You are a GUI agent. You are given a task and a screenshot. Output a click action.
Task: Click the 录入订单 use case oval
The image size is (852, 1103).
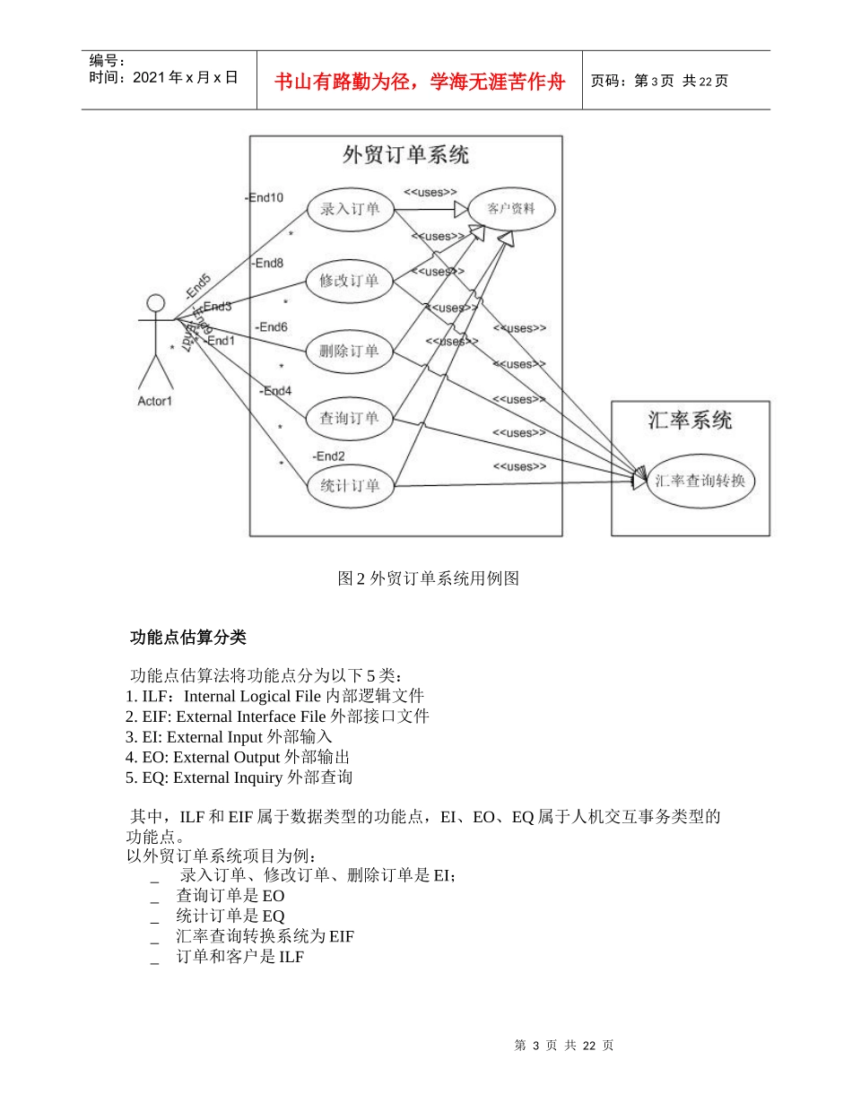(350, 210)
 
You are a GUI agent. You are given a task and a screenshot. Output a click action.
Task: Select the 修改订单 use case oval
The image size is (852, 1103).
(349, 281)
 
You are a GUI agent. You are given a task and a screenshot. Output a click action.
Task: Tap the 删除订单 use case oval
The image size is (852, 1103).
(349, 351)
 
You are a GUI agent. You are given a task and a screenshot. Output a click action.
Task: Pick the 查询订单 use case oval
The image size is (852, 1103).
(349, 418)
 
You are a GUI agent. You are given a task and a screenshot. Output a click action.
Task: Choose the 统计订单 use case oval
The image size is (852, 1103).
(349, 486)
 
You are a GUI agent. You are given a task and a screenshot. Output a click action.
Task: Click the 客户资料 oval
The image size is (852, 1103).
(511, 209)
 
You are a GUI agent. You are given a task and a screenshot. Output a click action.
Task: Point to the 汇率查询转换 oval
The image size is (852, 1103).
(700, 481)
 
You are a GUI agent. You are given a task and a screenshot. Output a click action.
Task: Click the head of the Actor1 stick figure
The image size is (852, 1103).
(157, 302)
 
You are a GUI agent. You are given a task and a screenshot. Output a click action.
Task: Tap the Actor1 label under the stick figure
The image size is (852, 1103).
(154, 401)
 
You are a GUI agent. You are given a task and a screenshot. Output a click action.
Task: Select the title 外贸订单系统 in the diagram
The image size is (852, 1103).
(405, 155)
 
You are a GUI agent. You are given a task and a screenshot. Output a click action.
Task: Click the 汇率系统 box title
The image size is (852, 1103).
(690, 420)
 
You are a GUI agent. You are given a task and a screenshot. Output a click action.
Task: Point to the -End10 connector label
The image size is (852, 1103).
(265, 198)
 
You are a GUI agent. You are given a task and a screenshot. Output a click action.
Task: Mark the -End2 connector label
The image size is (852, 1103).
(329, 456)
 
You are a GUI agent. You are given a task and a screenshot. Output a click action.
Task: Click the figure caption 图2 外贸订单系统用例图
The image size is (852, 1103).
(428, 578)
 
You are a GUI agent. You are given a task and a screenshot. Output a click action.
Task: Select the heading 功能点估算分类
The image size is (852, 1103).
(187, 638)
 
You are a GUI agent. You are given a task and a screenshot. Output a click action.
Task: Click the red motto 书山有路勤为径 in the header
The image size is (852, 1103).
(419, 82)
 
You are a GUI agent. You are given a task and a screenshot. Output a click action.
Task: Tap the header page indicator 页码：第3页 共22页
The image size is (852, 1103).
(659, 82)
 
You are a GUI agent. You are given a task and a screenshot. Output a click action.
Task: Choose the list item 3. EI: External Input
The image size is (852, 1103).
(230, 736)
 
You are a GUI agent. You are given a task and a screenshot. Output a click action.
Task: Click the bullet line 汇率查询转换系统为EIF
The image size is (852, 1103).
(265, 936)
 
